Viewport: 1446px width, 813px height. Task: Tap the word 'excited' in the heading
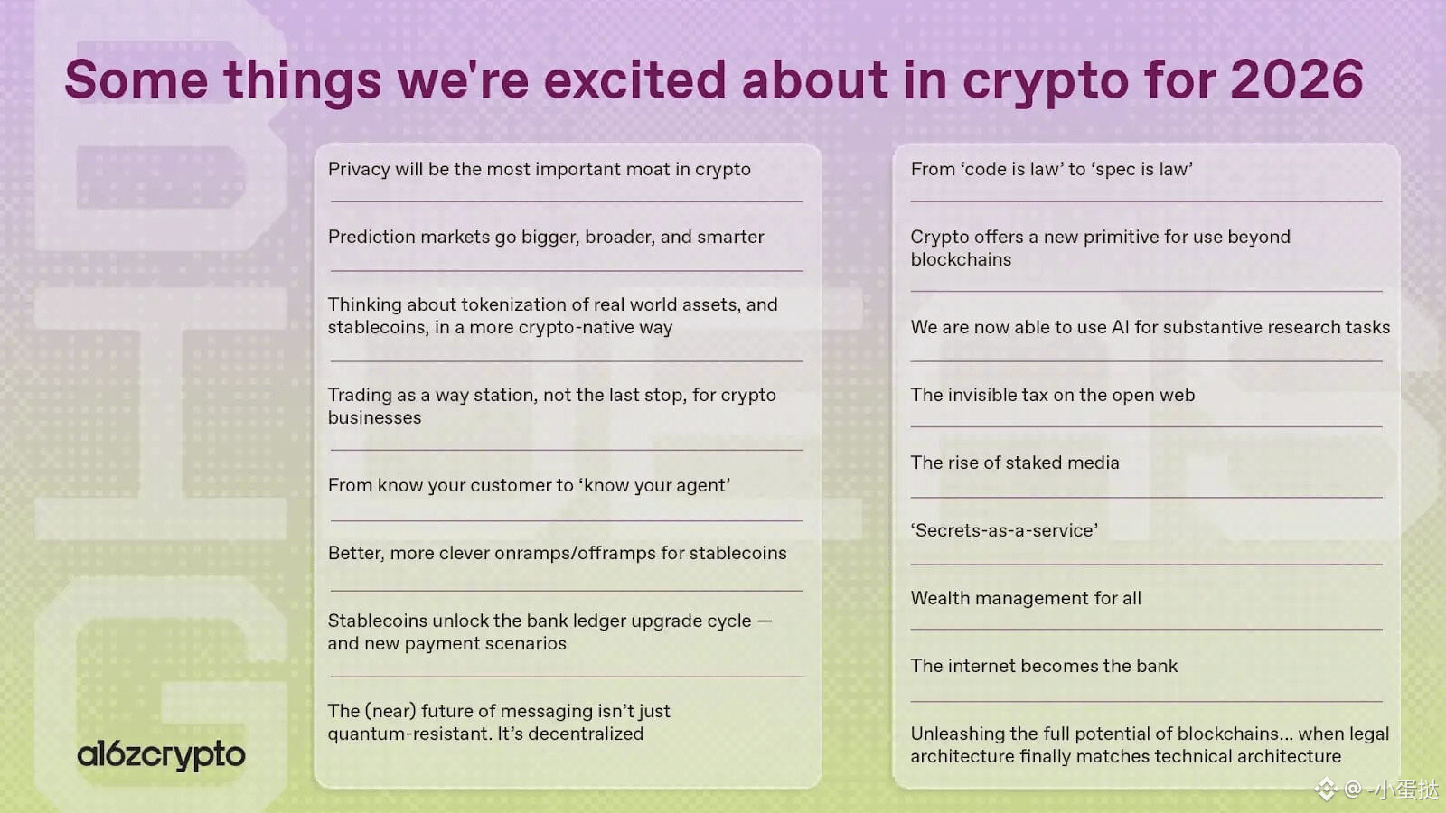pos(634,80)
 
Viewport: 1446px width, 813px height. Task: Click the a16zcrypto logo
pos(161,755)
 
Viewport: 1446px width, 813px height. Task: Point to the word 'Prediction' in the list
pos(370,237)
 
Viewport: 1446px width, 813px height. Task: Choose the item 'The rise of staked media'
pos(1015,463)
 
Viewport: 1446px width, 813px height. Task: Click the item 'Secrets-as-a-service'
pos(1004,530)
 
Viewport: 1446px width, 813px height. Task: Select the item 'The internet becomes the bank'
pos(1044,666)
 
